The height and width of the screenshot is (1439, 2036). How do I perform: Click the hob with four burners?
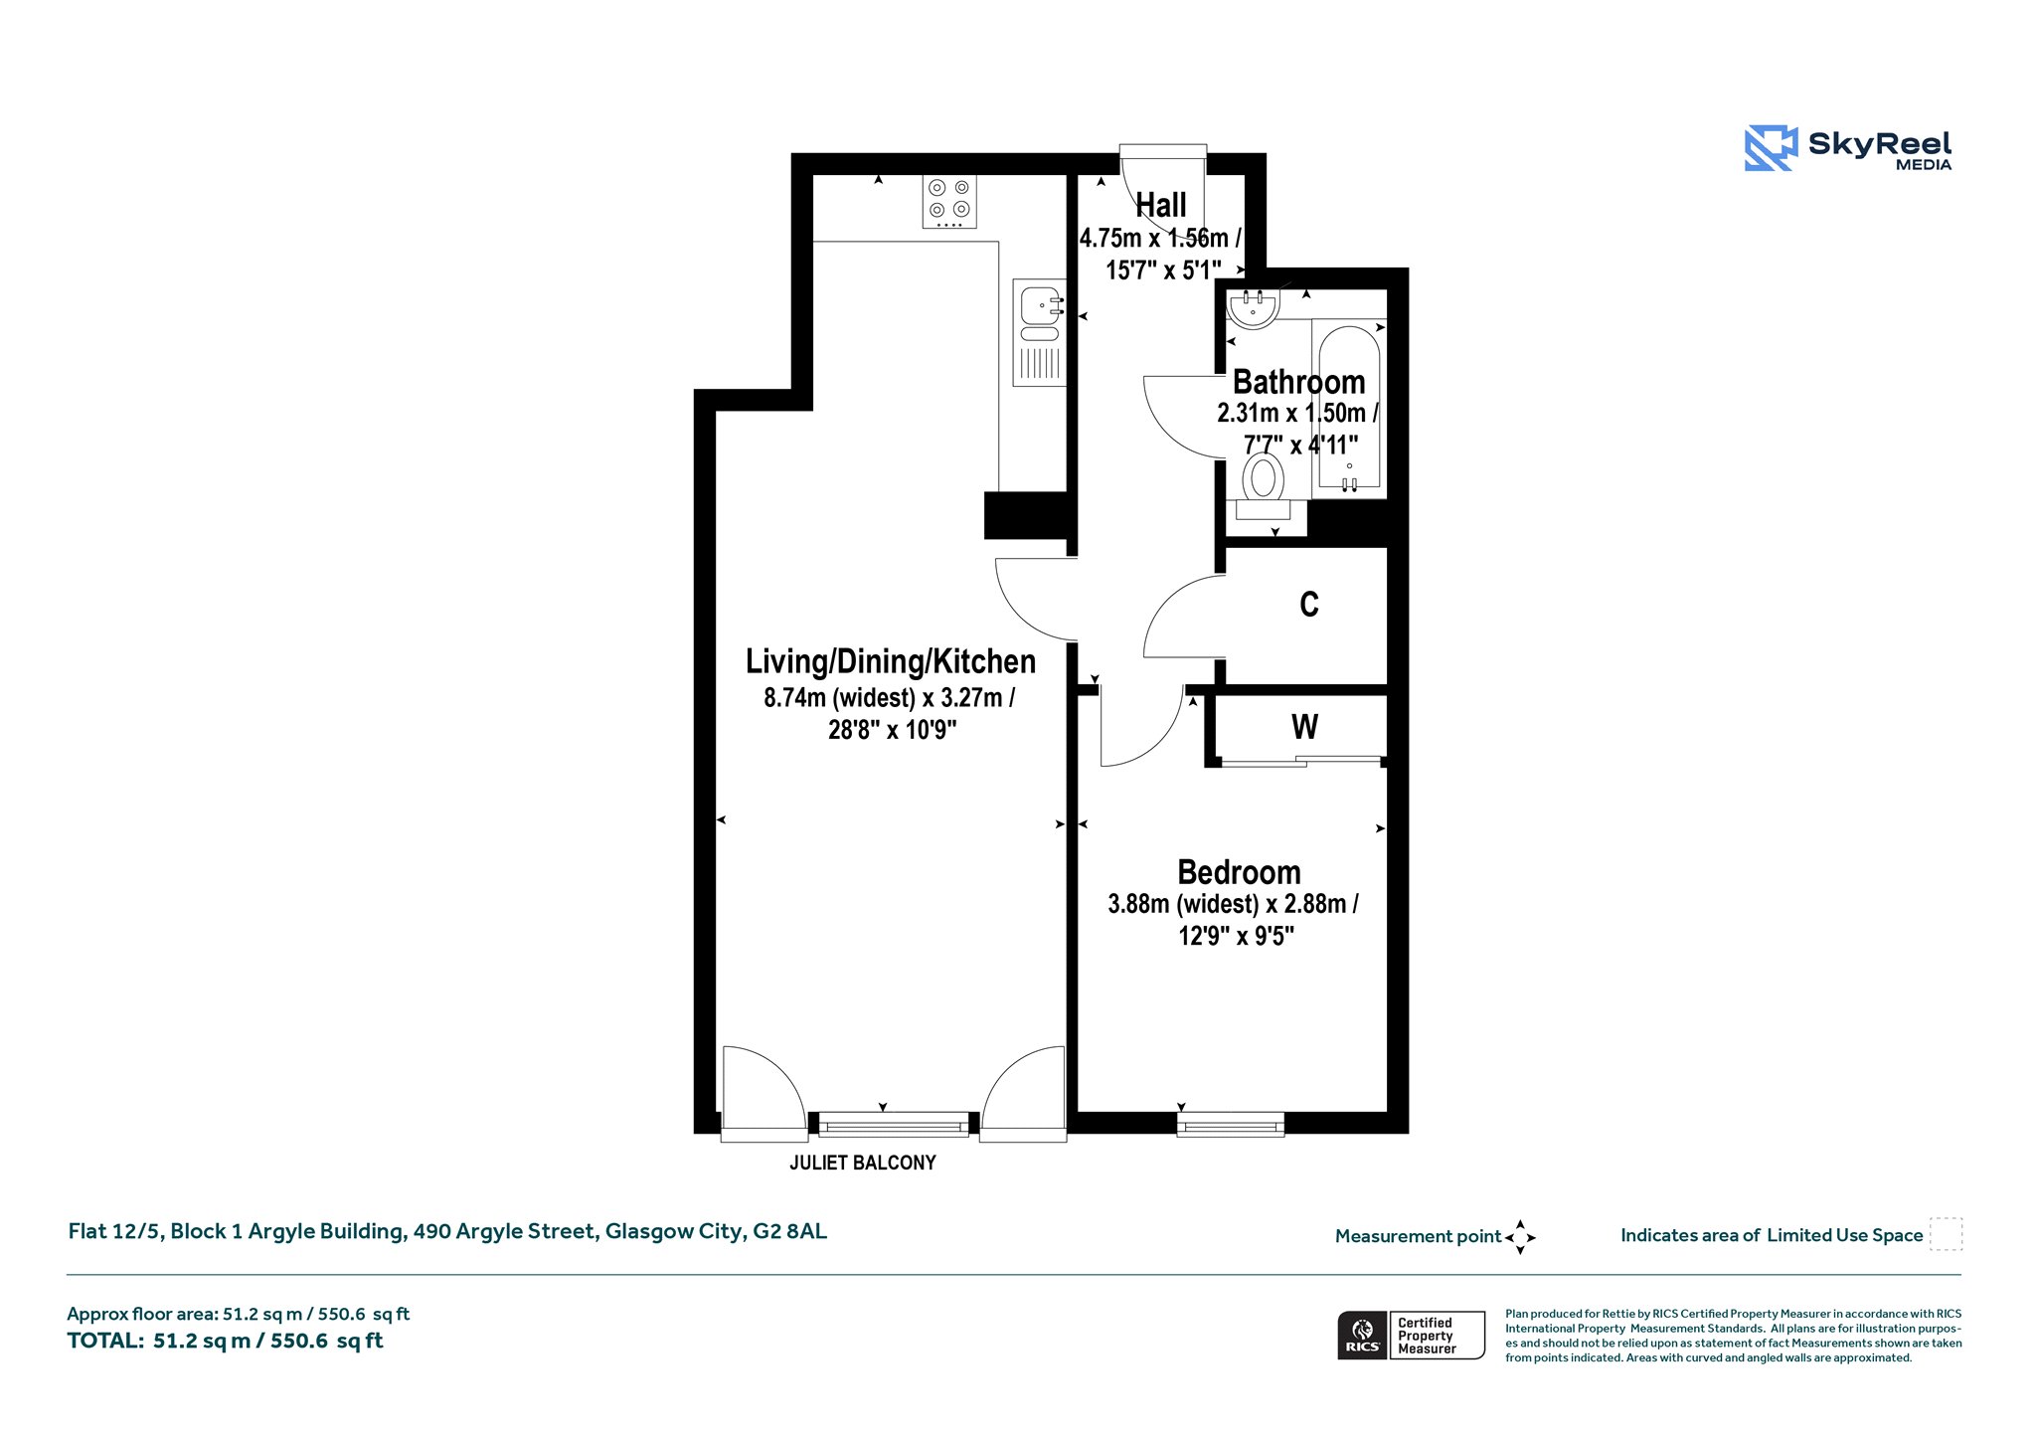949,201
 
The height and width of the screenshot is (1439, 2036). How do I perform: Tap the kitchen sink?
1039,332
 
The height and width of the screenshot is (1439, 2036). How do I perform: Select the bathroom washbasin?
1252,308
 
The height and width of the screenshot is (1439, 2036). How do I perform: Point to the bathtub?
1349,408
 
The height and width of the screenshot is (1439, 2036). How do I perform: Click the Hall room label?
1161,206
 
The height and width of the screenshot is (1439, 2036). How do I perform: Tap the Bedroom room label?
1239,872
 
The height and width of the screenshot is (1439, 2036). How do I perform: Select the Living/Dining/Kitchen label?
891,661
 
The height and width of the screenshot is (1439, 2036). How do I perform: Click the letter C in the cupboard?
1309,604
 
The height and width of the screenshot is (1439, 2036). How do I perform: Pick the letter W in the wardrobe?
1305,727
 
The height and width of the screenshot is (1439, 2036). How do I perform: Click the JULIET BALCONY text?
863,1163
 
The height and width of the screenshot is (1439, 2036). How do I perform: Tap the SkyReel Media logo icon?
1771,148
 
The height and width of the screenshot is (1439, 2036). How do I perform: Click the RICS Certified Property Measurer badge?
1411,1335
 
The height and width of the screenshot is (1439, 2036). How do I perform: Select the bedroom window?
1231,1126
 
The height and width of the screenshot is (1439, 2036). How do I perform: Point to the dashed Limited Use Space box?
1946,1234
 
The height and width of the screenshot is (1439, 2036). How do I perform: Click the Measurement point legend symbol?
1520,1237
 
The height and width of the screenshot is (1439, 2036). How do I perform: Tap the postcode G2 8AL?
789,1231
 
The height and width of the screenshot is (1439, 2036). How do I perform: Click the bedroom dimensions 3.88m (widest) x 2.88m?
1233,904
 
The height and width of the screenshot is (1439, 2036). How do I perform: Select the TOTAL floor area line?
225,1341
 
